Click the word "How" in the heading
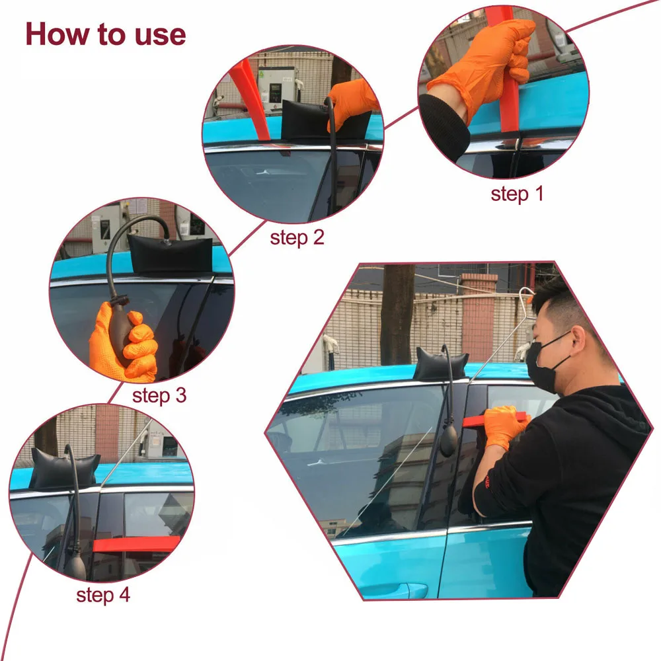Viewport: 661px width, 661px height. (54, 34)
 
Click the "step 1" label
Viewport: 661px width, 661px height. (516, 194)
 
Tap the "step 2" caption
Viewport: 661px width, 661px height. (297, 238)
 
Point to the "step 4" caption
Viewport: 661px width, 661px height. (103, 594)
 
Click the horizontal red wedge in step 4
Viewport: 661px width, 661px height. (136, 544)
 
